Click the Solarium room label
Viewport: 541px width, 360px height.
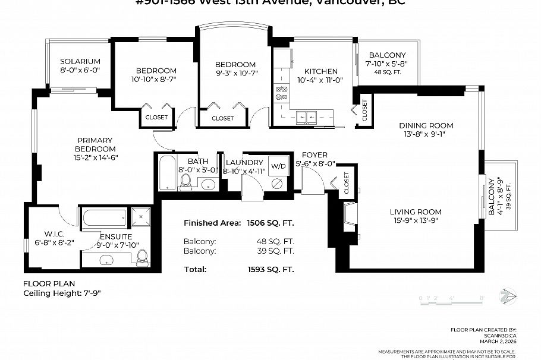click(80, 61)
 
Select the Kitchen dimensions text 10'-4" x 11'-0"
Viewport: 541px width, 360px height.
click(320, 80)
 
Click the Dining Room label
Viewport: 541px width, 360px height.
click(426, 125)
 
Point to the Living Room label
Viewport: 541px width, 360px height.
click(416, 212)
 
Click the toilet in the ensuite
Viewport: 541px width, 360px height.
click(142, 256)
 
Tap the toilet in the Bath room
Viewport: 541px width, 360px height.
click(185, 181)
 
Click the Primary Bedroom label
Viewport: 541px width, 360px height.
click(95, 144)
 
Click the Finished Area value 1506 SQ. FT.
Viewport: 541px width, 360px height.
click(270, 223)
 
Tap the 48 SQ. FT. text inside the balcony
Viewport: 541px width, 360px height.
click(387, 72)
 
